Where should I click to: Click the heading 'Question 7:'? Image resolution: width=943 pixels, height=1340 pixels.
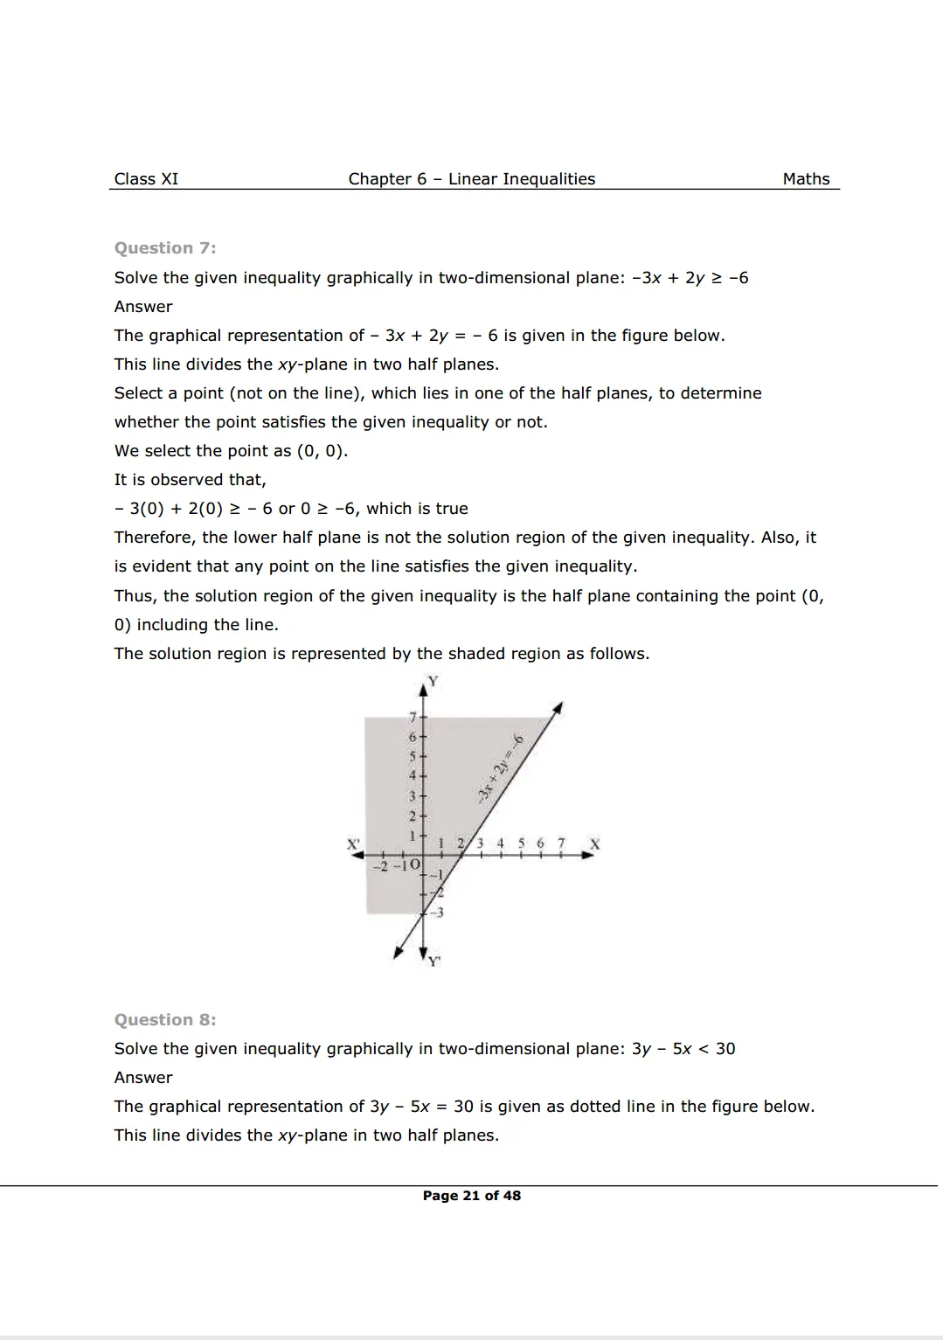(165, 248)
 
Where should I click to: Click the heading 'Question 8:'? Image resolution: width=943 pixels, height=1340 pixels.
(165, 1020)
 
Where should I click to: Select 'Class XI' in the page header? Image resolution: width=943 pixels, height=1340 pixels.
(146, 179)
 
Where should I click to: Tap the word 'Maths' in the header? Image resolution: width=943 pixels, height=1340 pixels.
(806, 179)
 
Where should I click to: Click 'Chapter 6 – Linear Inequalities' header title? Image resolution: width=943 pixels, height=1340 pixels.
(471, 179)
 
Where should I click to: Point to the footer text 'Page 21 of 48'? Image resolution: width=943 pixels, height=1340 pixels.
(471, 1196)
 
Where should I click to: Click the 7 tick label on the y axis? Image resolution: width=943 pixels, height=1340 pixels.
(413, 718)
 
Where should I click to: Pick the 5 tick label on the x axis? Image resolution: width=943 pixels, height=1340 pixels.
(521, 844)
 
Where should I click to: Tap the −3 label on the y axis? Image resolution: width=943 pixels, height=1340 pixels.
(438, 913)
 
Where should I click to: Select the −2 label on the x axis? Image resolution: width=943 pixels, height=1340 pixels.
(379, 866)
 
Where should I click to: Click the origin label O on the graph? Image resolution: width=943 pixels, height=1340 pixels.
(414, 865)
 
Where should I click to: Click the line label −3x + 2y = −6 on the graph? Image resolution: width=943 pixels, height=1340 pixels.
(500, 769)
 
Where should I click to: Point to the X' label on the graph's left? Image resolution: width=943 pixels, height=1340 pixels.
(354, 845)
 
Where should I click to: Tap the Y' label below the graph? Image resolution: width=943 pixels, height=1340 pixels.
(434, 962)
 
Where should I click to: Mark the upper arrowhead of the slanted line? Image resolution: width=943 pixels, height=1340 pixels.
(558, 706)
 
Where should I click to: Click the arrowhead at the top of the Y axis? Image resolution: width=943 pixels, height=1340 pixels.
(424, 690)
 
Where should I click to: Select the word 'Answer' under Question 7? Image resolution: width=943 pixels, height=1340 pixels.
(143, 307)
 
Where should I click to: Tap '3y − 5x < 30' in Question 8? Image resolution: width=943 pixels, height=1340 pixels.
(683, 1049)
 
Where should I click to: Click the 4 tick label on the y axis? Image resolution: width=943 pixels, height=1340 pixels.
(413, 776)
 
